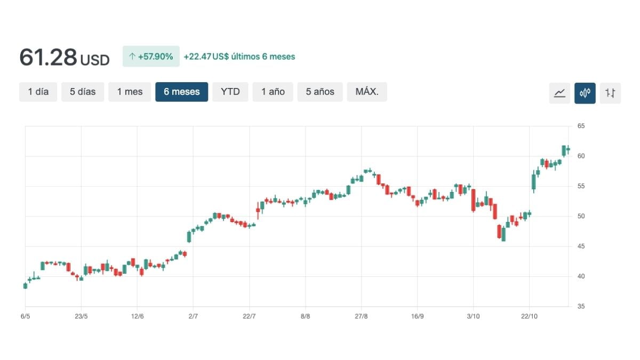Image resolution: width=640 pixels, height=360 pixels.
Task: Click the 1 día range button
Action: click(x=38, y=92)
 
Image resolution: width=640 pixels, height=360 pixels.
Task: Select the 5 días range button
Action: click(x=83, y=92)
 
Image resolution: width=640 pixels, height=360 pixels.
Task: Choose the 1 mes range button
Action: click(x=130, y=92)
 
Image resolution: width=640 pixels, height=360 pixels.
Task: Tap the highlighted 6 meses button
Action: click(x=181, y=92)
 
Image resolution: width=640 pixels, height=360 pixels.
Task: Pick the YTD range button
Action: click(x=230, y=92)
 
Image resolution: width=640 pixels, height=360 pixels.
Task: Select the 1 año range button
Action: click(x=273, y=92)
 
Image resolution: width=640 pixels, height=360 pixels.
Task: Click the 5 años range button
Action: click(x=320, y=92)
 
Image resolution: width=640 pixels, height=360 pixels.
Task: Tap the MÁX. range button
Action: click(x=367, y=92)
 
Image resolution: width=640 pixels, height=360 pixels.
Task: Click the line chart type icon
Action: click(x=559, y=93)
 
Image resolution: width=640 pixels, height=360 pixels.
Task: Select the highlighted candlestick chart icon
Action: click(x=585, y=93)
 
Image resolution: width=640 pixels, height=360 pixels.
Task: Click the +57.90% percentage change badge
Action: click(x=151, y=57)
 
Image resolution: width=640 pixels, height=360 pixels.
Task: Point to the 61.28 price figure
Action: click(x=49, y=57)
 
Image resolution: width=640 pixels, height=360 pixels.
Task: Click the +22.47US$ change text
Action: click(x=206, y=57)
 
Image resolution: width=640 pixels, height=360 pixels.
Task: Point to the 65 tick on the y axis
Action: click(x=581, y=126)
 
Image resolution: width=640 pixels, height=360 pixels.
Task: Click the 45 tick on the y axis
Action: click(x=581, y=246)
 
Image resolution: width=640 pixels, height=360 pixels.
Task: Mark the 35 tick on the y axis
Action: click(x=581, y=307)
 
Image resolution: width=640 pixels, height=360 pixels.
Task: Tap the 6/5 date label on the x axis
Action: click(x=25, y=316)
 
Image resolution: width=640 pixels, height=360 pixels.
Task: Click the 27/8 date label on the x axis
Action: click(x=361, y=316)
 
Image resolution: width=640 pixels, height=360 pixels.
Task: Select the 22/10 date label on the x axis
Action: click(x=529, y=316)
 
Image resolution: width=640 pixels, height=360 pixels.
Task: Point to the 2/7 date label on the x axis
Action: click(x=193, y=316)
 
